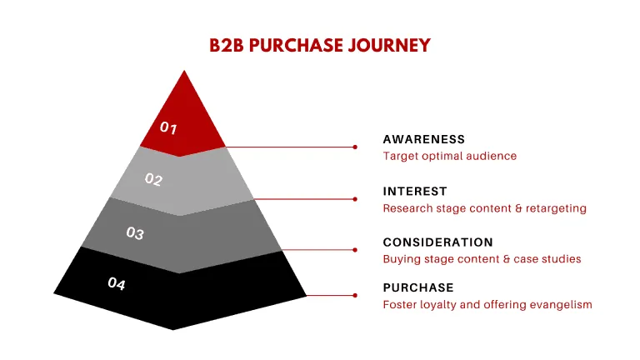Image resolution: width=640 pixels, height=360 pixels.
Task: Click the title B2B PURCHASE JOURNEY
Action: [320, 45]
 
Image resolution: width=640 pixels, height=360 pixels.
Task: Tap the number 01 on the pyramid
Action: [168, 127]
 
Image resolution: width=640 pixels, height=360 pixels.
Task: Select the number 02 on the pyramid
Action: [153, 179]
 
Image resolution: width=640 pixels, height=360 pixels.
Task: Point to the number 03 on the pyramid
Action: [135, 233]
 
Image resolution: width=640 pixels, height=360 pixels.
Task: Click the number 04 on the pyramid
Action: [117, 283]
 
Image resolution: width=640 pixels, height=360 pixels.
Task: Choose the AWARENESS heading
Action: [423, 139]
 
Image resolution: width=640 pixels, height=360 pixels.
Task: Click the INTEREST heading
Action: [415, 192]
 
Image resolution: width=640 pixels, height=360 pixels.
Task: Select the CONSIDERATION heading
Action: [438, 242]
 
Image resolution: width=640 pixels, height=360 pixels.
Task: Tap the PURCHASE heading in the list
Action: [418, 287]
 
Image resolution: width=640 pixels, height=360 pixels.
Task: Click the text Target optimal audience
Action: [450, 156]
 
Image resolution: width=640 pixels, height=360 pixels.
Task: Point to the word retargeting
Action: [556, 208]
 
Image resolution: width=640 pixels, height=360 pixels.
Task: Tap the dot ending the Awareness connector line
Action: [355, 147]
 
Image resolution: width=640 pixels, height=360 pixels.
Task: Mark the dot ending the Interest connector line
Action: [355, 199]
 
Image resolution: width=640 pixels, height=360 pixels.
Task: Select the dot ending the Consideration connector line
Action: [355, 250]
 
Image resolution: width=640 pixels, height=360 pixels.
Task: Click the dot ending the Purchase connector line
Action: [355, 295]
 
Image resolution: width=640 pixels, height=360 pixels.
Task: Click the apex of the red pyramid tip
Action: [184, 71]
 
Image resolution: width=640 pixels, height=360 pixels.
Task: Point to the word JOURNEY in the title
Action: [389, 45]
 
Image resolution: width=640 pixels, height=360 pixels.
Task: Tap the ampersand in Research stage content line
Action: [518, 208]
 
